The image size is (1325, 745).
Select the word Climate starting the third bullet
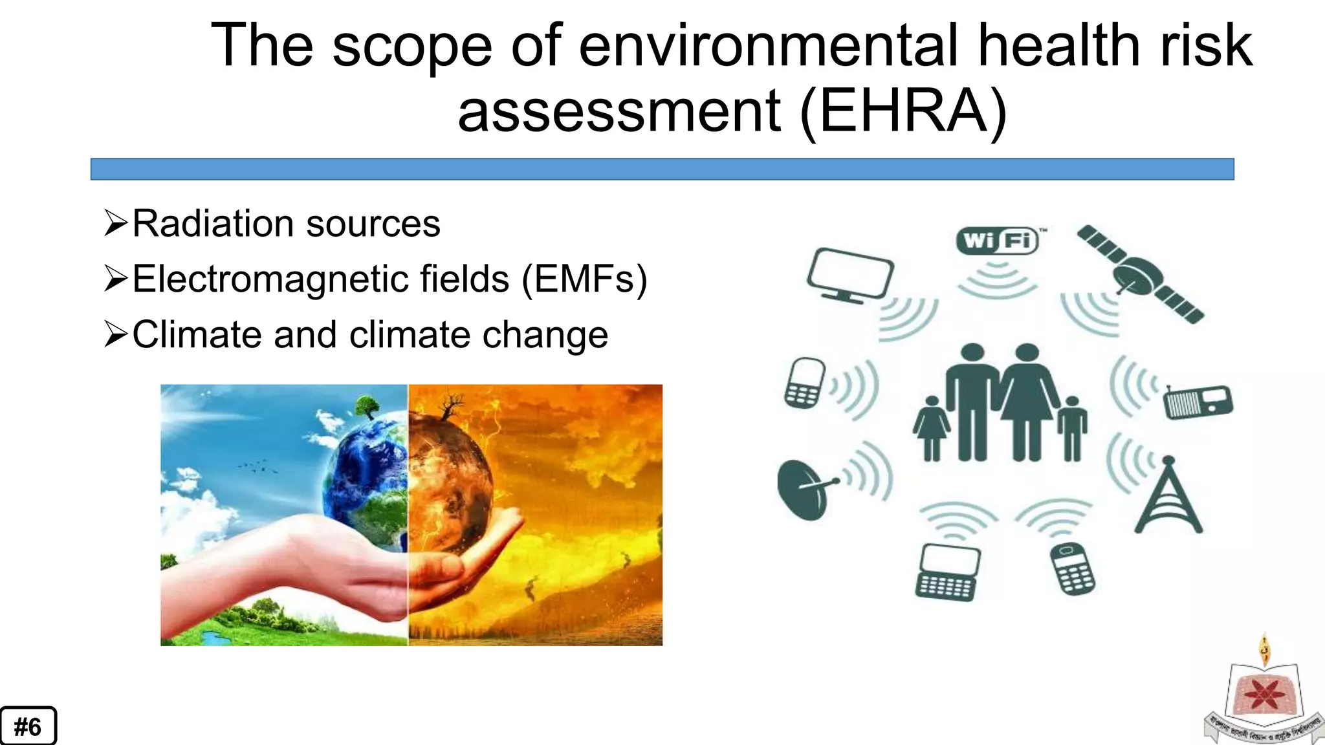(x=197, y=335)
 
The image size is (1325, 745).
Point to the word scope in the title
(x=412, y=45)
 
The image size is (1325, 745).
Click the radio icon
(x=1198, y=402)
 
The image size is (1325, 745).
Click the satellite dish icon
(x=805, y=489)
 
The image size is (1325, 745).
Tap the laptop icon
(x=948, y=573)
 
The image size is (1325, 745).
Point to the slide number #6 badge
(x=28, y=726)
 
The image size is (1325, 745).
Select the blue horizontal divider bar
(x=662, y=169)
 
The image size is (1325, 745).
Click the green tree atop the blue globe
(x=367, y=406)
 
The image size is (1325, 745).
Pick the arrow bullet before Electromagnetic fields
(x=116, y=279)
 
